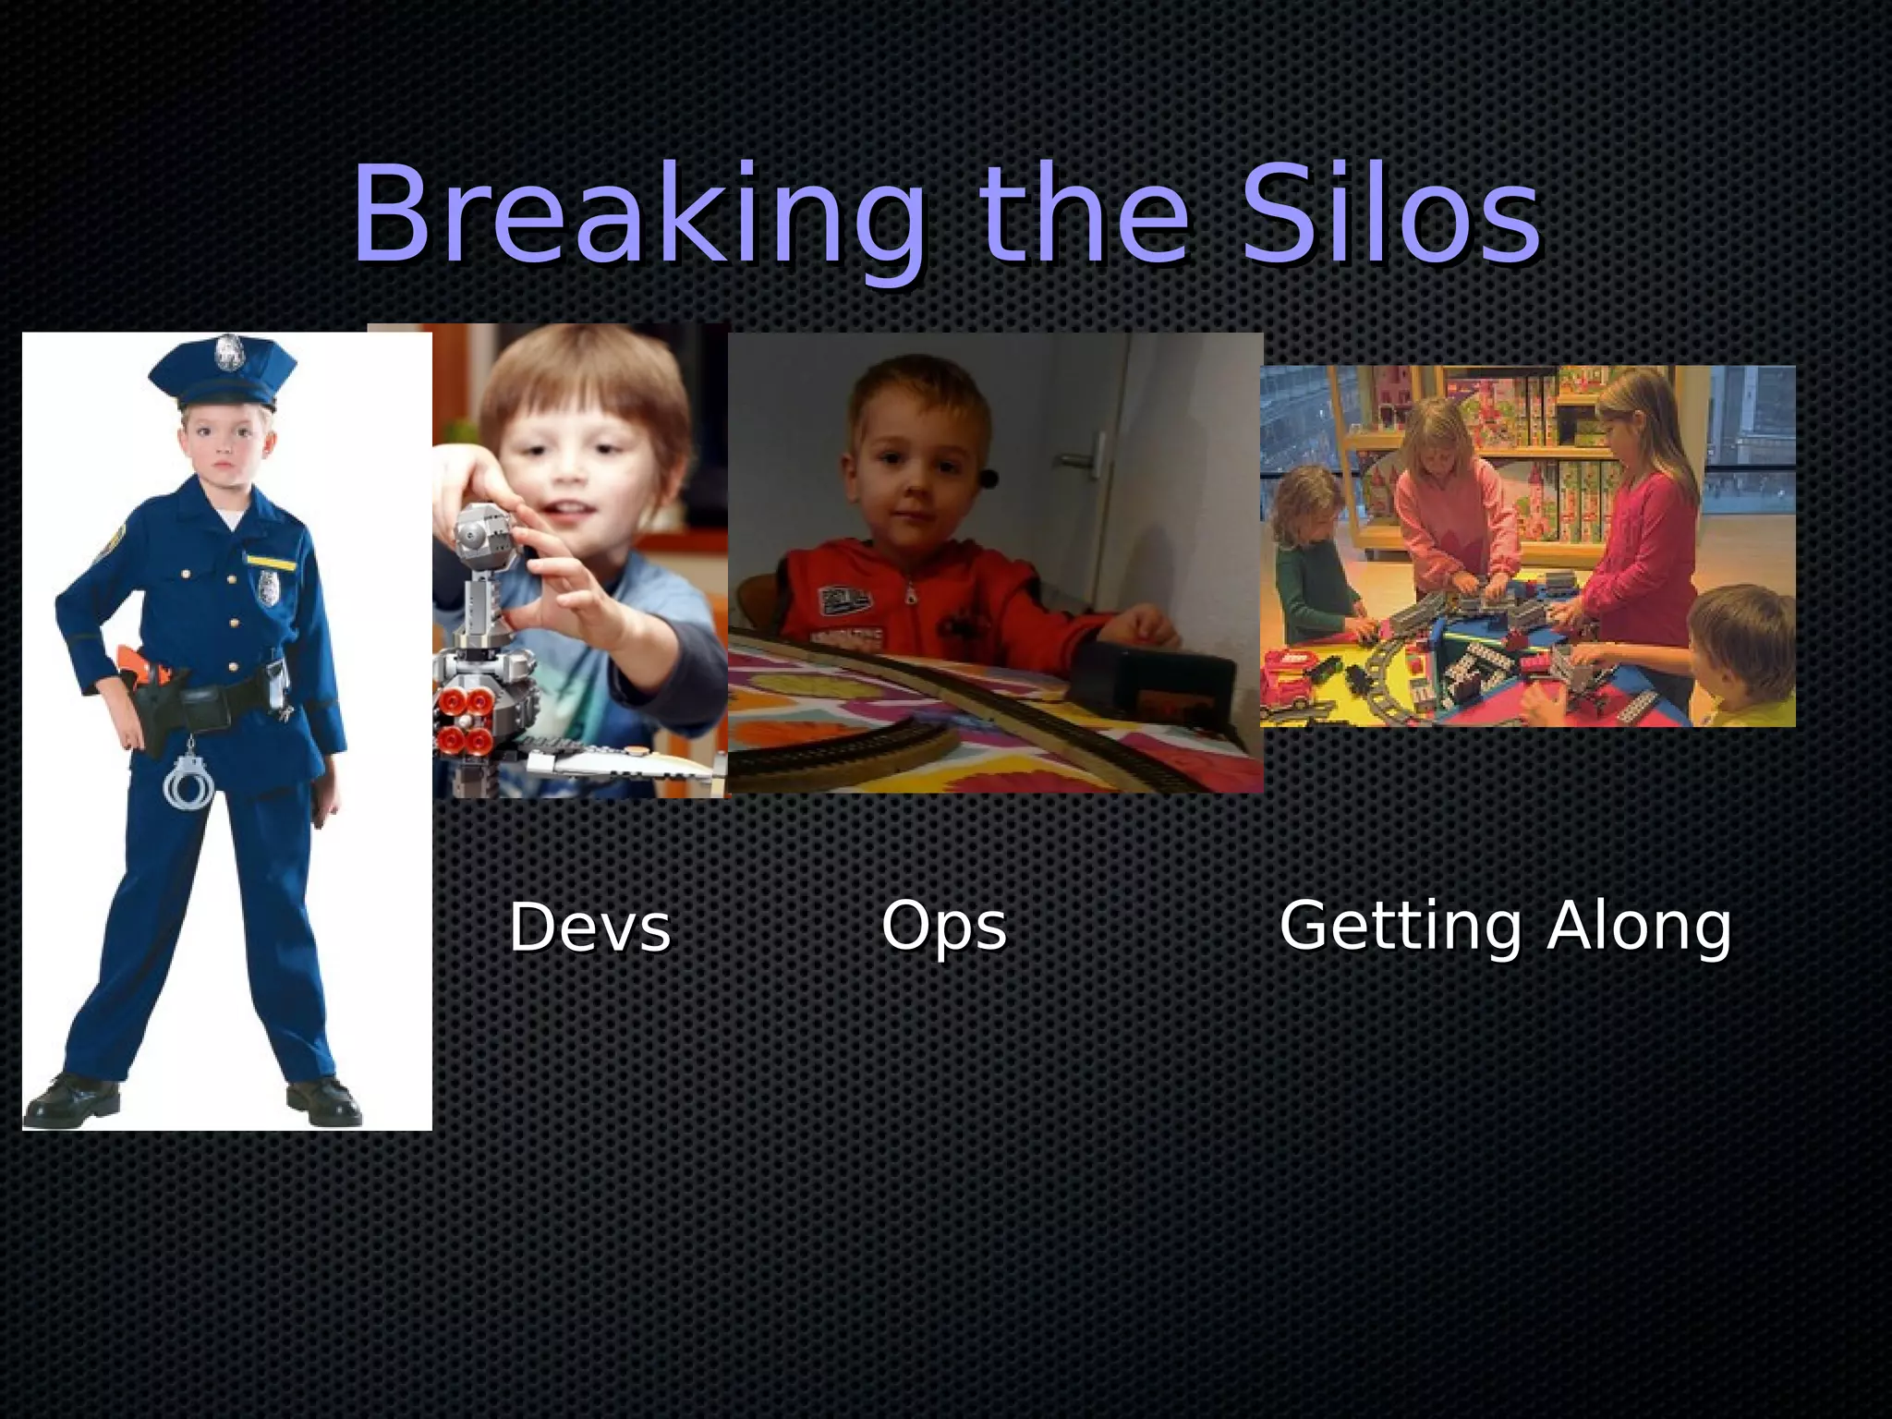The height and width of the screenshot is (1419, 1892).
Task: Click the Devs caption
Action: click(x=589, y=928)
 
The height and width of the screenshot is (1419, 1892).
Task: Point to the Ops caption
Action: click(x=943, y=927)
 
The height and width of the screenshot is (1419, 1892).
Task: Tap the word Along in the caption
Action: click(x=1639, y=926)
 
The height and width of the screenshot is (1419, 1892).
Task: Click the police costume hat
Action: click(x=223, y=373)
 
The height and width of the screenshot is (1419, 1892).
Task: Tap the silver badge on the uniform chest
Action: click(x=268, y=588)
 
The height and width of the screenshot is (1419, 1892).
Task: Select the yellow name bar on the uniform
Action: click(x=271, y=560)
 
